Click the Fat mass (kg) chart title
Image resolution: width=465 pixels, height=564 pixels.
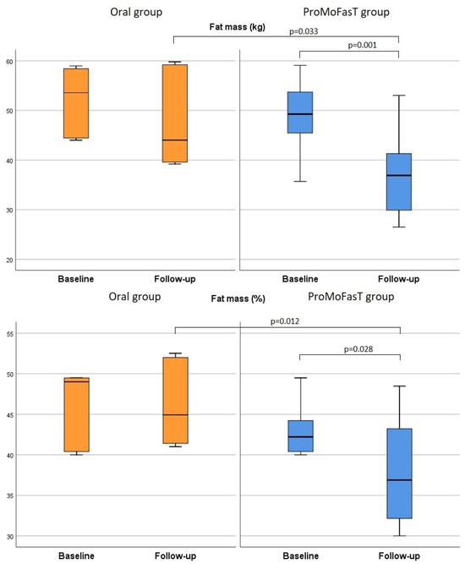(x=238, y=27)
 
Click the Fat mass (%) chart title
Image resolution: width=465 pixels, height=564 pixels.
(x=237, y=298)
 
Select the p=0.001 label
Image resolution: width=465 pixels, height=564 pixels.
(x=361, y=45)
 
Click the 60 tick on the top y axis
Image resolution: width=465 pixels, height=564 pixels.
(x=9, y=62)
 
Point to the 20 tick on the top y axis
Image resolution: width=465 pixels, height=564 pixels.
(x=9, y=259)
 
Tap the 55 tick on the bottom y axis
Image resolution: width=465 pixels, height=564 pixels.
(x=9, y=336)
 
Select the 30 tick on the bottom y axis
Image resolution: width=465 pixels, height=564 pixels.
(x=9, y=536)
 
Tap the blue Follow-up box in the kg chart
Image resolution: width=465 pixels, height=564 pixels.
(x=399, y=181)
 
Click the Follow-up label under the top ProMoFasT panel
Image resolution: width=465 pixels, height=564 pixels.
(x=399, y=278)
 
